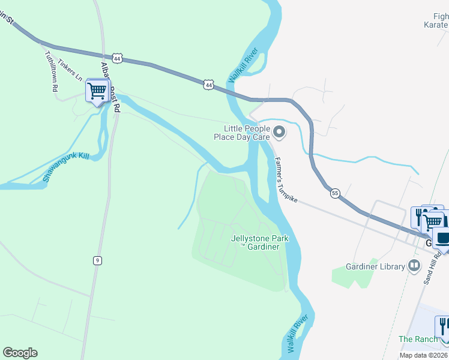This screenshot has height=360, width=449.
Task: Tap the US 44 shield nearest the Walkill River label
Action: coord(208,85)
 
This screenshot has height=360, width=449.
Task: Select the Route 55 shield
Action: coord(335,193)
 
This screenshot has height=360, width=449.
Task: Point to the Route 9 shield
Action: coord(97,260)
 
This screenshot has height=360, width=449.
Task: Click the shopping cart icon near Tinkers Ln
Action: coord(96,91)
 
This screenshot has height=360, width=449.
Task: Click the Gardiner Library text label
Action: coord(375,266)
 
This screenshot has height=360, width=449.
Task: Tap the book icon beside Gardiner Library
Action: coord(414,265)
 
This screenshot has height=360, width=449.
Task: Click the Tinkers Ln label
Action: coord(70,69)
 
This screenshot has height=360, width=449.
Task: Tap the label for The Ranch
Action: coord(418,339)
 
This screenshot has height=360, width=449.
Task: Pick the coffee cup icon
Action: coord(443,238)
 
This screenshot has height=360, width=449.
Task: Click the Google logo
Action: coord(20,353)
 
